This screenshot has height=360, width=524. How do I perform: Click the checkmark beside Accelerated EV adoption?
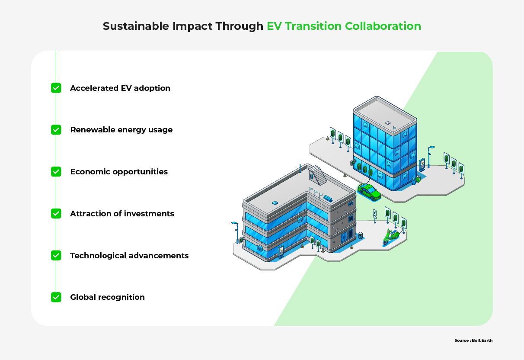tap(56, 88)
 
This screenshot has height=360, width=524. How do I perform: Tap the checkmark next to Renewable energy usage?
tap(56, 130)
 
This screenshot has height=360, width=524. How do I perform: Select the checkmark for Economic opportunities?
tap(56, 172)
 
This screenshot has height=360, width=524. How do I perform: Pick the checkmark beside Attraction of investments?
tap(56, 213)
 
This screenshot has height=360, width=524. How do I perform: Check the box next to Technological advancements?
tap(56, 255)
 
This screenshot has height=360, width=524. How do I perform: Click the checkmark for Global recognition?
tap(56, 297)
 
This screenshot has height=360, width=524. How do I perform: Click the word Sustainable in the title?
tap(136, 26)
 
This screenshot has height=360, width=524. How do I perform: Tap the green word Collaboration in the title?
tap(383, 26)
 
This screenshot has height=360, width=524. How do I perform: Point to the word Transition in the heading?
tap(313, 26)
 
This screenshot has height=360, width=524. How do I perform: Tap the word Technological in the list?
tap(98, 256)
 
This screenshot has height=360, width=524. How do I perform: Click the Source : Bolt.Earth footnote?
tap(473, 341)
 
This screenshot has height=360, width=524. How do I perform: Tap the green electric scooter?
tap(390, 237)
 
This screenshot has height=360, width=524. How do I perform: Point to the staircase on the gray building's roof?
tap(318, 174)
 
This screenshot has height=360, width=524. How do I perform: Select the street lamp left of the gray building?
tap(235, 232)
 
